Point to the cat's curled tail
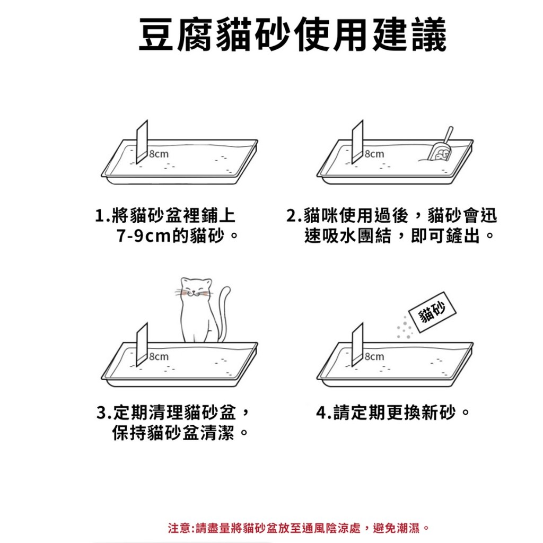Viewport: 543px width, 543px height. [x=224, y=312]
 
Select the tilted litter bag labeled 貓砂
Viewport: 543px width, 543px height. [x=432, y=312]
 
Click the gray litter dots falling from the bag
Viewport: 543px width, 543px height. [x=405, y=327]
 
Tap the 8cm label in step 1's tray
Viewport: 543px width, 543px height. [x=159, y=154]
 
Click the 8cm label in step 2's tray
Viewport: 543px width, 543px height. [x=374, y=154]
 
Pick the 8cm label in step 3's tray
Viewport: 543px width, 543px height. [x=159, y=356]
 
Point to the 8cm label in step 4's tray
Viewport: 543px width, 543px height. [x=374, y=356]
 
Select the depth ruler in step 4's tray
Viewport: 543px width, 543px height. [x=358, y=345]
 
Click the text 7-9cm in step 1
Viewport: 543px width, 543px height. [x=144, y=236]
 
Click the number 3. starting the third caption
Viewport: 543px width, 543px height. [x=104, y=413]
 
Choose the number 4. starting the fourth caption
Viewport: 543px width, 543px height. [x=324, y=413]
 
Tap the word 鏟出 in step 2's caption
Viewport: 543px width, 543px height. [x=462, y=236]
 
